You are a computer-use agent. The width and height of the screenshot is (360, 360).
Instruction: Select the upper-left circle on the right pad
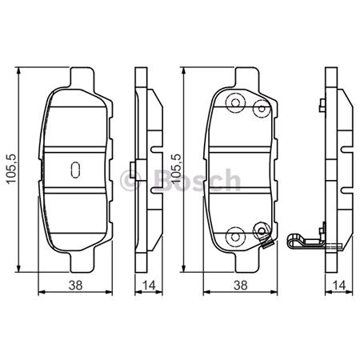(234, 102)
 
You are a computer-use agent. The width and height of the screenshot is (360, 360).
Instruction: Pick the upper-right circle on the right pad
(258, 108)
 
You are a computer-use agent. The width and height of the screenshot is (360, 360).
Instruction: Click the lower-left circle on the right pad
(234, 236)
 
